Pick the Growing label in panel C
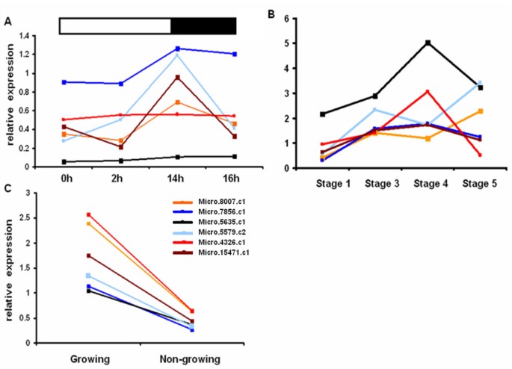click(x=89, y=359)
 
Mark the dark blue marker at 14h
click(x=177, y=49)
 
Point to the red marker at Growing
click(x=89, y=214)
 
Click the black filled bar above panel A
click(x=203, y=25)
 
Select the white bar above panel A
click(x=115, y=25)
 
